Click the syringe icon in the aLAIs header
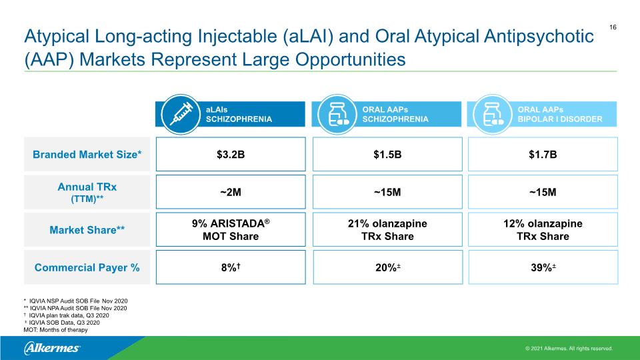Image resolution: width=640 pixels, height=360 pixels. tap(181, 114)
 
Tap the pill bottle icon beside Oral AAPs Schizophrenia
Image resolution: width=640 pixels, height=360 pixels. tap(337, 114)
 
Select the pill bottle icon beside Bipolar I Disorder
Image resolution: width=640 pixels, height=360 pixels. tap(492, 114)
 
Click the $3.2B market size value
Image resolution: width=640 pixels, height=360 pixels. tap(231, 154)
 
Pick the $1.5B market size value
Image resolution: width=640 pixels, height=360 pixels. tap(387, 154)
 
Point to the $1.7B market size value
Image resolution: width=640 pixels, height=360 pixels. tap(543, 154)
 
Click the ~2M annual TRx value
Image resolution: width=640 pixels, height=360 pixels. tap(231, 192)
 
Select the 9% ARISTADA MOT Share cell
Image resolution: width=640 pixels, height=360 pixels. tap(231, 230)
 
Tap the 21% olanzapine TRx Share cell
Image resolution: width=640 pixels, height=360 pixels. tap(387, 230)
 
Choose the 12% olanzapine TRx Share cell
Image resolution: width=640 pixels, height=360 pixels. tap(543, 230)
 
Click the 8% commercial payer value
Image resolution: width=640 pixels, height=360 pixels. tap(231, 267)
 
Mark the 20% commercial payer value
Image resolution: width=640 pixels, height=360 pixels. tap(388, 267)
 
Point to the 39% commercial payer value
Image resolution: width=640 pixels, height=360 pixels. tap(543, 267)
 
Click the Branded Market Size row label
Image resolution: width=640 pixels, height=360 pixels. tap(87, 154)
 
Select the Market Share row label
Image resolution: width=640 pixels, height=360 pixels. tap(87, 230)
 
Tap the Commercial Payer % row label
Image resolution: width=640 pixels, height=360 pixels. tap(87, 267)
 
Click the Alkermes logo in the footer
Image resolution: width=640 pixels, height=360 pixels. tap(52, 348)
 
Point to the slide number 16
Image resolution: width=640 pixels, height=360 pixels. tap(613, 27)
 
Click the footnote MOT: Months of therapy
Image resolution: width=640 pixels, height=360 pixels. tap(55, 330)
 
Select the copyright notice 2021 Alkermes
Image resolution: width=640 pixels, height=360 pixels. tap(569, 349)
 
